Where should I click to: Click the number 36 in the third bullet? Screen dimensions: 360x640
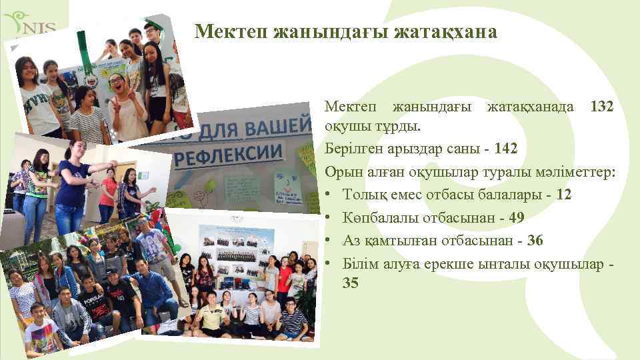[x=536, y=240]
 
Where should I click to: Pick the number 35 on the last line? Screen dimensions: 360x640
[x=351, y=283]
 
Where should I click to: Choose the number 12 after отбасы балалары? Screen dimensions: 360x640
[x=563, y=194]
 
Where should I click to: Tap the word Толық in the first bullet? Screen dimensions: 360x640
[x=365, y=194]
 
